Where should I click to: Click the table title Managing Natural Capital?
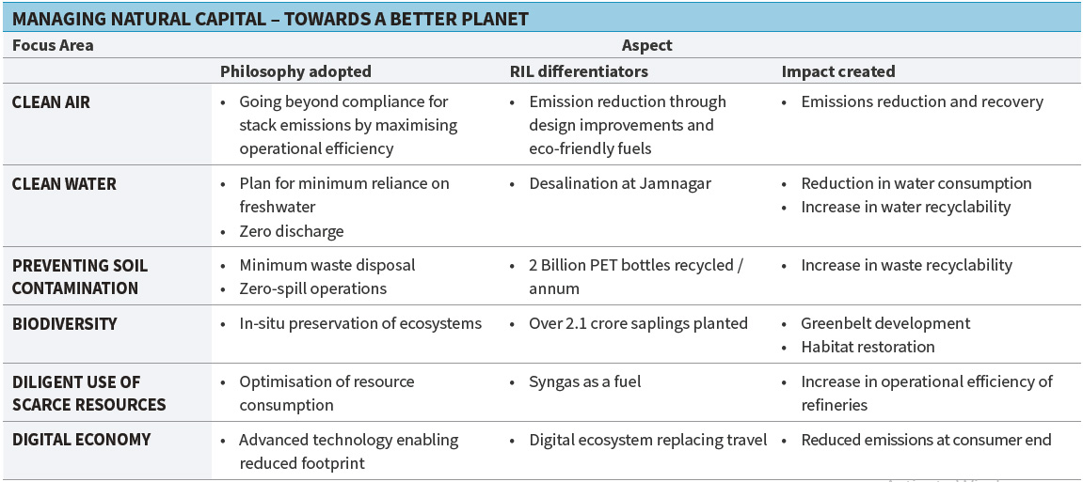[271, 18]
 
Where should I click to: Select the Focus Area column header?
[53, 45]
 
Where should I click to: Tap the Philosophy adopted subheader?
[295, 71]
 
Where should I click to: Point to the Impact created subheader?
[838, 71]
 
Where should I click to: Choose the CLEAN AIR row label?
[51, 101]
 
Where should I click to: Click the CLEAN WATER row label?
[64, 184]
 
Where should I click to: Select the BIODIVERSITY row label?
[64, 324]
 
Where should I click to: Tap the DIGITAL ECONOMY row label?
[81, 440]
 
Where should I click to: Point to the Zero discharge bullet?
[292, 231]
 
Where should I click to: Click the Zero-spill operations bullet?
[312, 288]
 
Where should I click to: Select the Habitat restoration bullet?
[868, 347]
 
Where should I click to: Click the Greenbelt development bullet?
[885, 324]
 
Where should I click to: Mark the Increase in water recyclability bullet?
[905, 207]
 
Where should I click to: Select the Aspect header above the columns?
[647, 45]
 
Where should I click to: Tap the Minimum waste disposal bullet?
[326, 266]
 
